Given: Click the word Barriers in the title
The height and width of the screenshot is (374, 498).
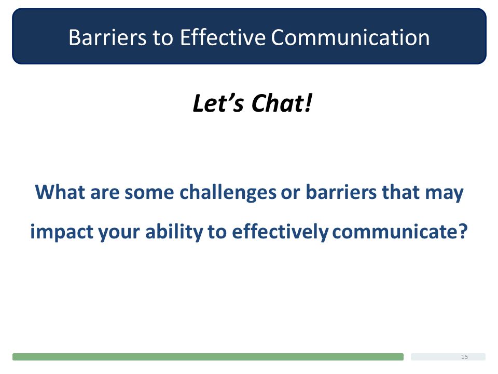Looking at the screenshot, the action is (x=108, y=37).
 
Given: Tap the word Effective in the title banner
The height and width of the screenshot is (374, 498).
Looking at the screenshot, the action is (x=223, y=37).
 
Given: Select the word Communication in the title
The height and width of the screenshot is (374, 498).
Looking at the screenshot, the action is (x=350, y=37).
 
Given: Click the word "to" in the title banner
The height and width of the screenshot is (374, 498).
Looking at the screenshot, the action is (x=163, y=38).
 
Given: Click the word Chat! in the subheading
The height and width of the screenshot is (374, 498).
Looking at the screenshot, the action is (x=282, y=103).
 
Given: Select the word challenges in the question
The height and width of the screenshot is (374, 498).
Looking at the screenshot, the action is (x=228, y=193).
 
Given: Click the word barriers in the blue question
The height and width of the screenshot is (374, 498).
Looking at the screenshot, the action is (x=341, y=192).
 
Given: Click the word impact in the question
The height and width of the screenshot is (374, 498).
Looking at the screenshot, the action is (x=62, y=232).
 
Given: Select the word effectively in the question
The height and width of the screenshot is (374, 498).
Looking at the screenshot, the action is (x=280, y=232).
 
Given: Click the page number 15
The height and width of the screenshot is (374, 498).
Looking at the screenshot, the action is (x=464, y=357).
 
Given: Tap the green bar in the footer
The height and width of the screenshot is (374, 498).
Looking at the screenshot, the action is (x=208, y=357).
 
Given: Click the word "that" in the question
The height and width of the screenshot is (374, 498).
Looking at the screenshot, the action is (x=400, y=192).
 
